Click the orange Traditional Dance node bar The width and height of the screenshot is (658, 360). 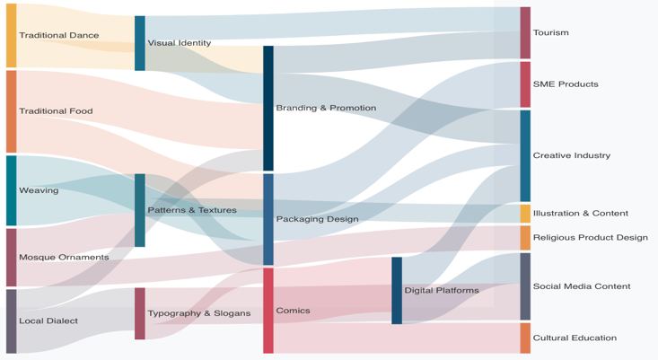pos(11,35)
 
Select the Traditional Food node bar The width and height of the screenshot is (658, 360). pos(11,111)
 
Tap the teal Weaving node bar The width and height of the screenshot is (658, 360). pos(11,190)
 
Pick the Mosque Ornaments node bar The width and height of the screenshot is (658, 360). pos(11,257)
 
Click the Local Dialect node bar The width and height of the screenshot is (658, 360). pos(11,320)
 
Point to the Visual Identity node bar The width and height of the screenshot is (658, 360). pos(139,43)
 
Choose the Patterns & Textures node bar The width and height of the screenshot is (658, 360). pos(139,210)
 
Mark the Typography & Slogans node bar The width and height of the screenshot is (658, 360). pos(139,313)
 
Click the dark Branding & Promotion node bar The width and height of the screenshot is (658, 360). pos(268,108)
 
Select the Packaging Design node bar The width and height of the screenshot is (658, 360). pos(268,219)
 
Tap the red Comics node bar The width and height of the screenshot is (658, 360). pos(268,311)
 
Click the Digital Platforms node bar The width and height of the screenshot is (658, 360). pos(396,290)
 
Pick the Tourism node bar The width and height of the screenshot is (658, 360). pos(524,32)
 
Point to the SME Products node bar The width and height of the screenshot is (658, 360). pos(524,84)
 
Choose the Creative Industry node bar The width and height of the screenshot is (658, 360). pos(524,155)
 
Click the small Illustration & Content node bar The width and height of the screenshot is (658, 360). pos(524,214)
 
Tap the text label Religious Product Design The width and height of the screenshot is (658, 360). pos(590,238)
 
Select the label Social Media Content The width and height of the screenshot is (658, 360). pos(581,286)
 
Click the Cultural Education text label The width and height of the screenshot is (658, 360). pos(575,338)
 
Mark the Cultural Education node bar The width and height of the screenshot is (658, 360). pos(524,338)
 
